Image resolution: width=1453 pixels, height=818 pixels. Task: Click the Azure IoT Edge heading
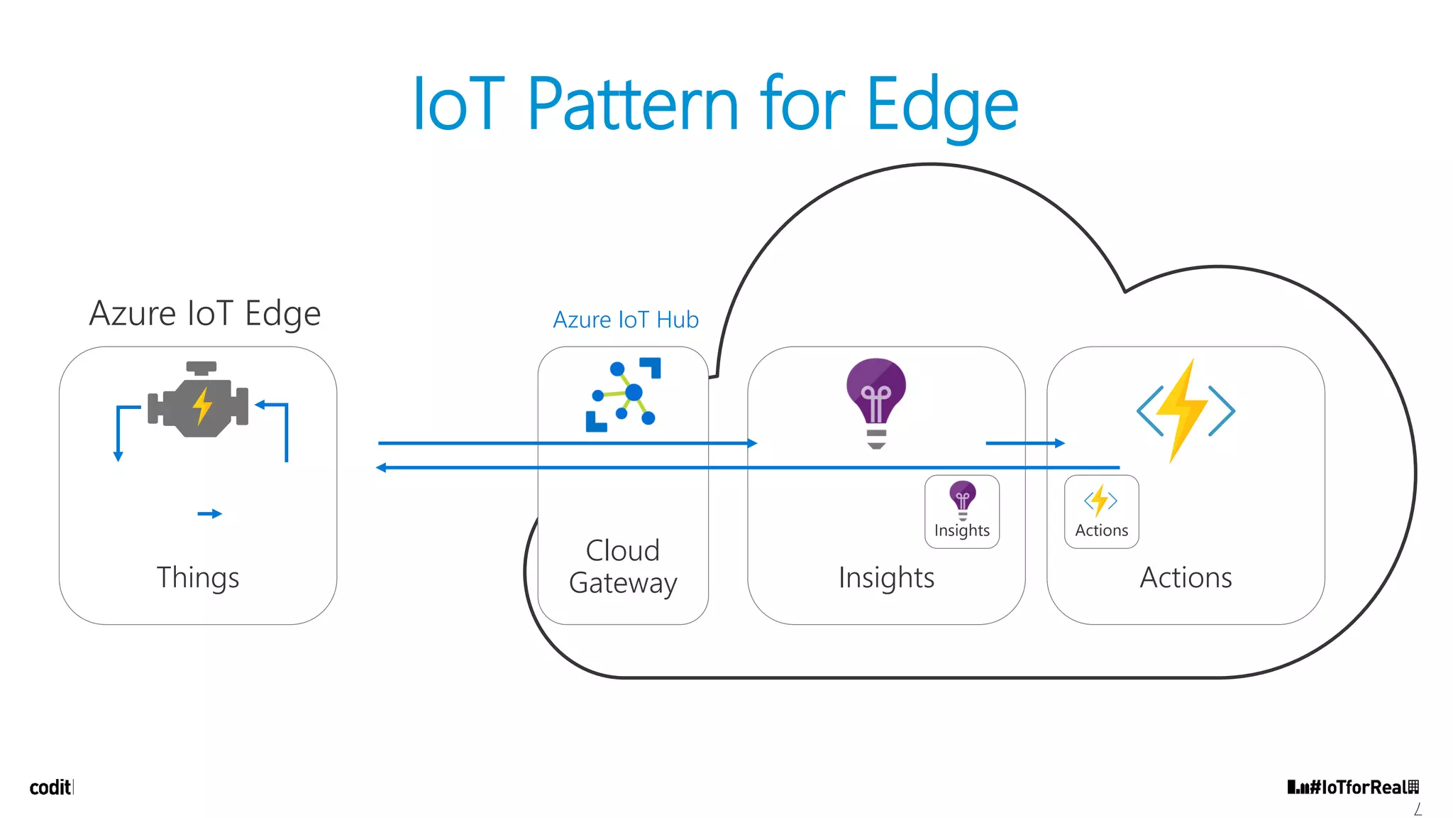205,313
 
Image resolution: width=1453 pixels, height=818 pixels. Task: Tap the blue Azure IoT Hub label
626,320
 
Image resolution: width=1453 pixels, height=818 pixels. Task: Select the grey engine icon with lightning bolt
199,401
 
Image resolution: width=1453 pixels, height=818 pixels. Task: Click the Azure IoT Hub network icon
623,395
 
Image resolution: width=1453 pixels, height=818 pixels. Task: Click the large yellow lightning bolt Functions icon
1186,410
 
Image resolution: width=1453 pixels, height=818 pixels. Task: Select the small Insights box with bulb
962,511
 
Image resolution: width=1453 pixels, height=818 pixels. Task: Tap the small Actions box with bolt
1101,511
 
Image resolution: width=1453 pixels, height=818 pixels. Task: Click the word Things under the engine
198,577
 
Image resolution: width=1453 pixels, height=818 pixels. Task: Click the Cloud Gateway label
623,566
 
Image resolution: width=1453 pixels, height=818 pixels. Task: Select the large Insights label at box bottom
886,577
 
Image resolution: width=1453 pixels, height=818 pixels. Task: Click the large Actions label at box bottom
1186,577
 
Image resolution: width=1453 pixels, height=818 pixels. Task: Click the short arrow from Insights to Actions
1024,443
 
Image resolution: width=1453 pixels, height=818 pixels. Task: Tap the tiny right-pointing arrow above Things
210,513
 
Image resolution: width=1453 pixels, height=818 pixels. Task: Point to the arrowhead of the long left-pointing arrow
382,467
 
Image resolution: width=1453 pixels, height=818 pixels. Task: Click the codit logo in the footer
50,787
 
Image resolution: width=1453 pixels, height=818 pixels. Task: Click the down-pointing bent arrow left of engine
121,430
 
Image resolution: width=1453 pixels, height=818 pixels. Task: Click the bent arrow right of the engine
281,426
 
